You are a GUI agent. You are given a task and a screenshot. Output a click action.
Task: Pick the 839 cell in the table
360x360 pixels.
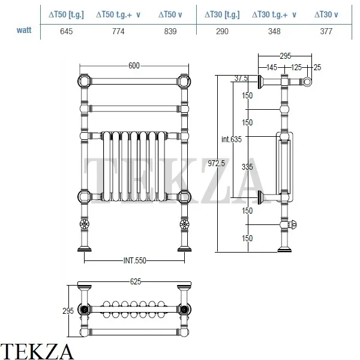[170, 31]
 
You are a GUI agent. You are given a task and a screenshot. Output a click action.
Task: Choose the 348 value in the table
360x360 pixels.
[274, 31]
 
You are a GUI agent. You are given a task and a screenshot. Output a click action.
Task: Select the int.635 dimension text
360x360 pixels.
[231, 140]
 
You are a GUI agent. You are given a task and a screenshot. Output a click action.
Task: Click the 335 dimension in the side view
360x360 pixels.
[247, 167]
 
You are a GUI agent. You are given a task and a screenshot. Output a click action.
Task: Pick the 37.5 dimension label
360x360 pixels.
[241, 78]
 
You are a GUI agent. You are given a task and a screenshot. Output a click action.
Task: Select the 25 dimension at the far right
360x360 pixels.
[317, 67]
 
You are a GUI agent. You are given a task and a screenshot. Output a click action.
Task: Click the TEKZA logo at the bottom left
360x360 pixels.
[37, 350]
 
